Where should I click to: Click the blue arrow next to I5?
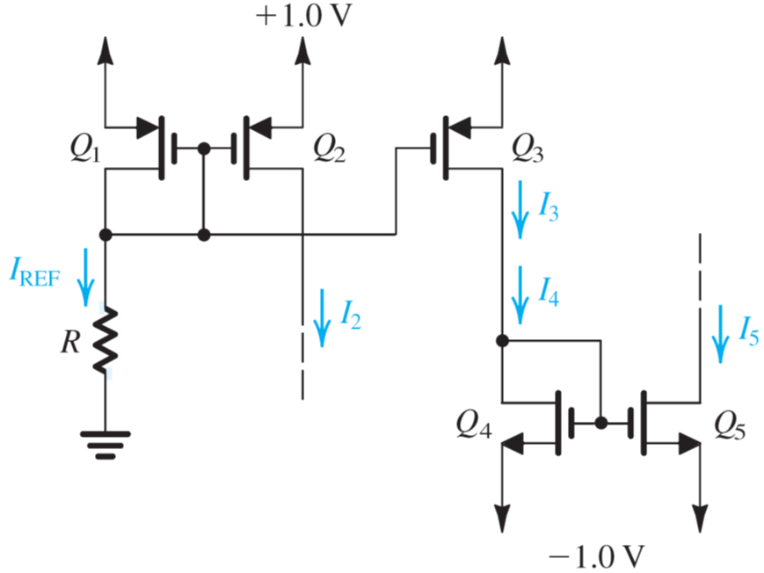coord(722,332)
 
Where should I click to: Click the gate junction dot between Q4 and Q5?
coord(601,423)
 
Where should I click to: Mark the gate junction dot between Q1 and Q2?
coord(204,149)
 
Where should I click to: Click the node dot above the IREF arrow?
coord(106,235)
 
